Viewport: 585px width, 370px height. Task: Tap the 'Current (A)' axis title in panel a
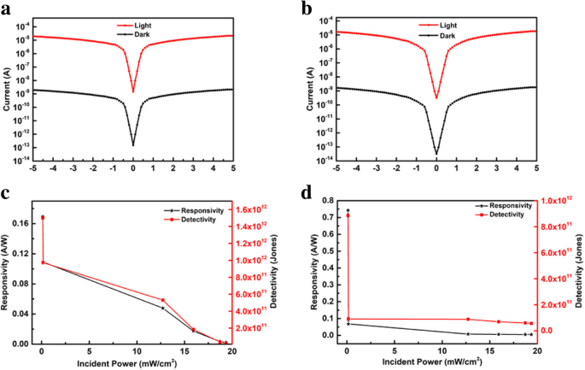[x=8, y=85]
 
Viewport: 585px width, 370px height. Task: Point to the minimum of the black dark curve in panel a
[x=133, y=144]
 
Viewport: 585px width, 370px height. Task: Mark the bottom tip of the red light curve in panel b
[x=436, y=97]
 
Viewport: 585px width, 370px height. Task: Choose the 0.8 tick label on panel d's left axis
[x=328, y=201]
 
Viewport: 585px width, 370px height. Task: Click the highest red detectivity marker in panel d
[x=348, y=215]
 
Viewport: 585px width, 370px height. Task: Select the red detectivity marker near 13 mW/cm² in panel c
[x=163, y=300]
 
